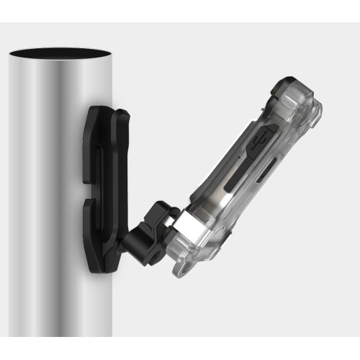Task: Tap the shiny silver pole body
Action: (x=43, y=216)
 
